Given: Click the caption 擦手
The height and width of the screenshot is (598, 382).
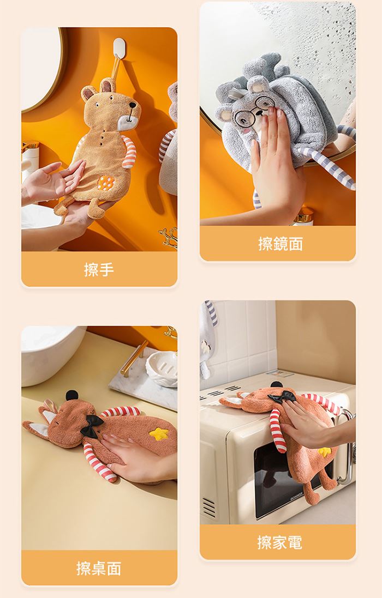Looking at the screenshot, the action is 99,270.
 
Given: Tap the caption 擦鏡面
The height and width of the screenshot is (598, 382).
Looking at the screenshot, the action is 280,244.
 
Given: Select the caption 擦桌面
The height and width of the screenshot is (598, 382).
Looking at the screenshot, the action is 99,568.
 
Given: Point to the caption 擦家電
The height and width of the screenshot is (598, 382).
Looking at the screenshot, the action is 280,542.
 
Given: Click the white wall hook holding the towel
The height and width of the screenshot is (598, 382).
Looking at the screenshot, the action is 119,47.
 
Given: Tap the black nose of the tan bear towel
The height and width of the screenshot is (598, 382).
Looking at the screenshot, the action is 133,105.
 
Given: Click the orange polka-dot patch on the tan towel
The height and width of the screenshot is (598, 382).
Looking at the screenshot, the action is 106,183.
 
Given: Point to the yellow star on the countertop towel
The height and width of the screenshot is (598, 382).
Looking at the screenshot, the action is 159,433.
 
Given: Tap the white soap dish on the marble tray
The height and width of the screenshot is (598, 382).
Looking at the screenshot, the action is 162,369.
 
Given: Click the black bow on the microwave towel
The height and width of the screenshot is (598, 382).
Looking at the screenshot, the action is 282,397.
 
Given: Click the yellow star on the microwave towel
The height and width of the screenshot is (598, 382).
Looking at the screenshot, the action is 324,452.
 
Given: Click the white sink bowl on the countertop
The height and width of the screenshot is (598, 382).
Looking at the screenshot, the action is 50,353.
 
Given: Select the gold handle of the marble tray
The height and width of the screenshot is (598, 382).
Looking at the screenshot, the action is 134,358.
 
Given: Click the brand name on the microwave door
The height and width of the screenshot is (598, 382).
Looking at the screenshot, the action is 296,494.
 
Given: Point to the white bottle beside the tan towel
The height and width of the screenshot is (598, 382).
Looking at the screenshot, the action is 30,161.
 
